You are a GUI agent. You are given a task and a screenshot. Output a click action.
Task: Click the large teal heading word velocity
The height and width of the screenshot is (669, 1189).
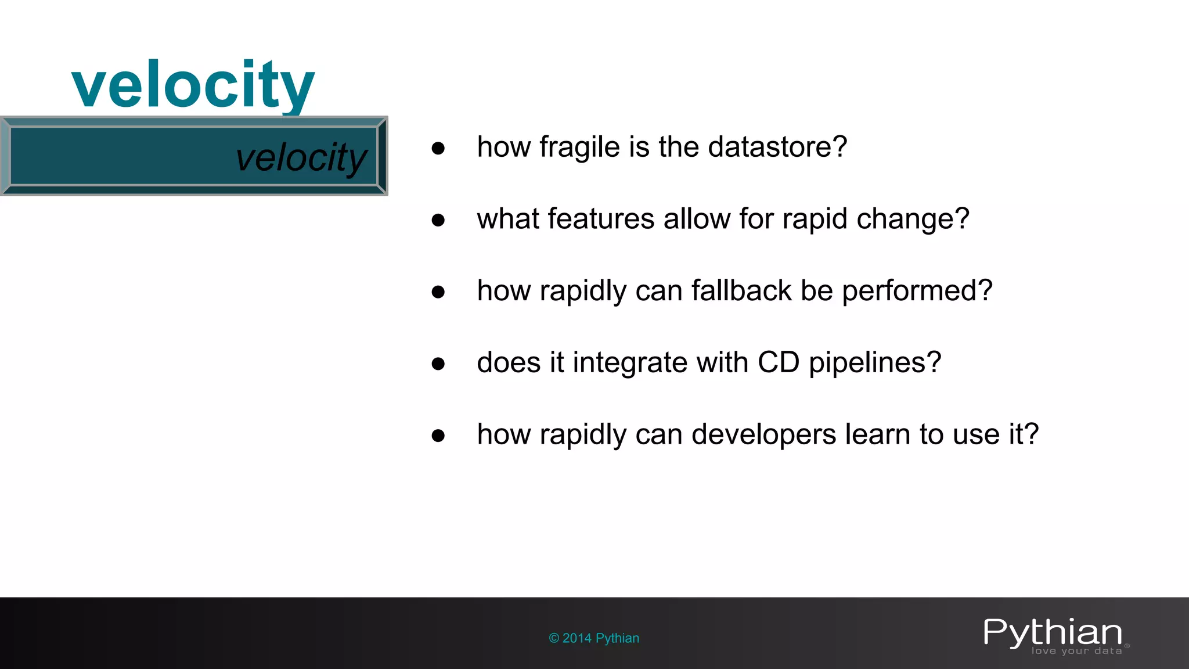193,86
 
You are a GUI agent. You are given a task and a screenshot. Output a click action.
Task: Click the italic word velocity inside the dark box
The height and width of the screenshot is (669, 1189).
301,157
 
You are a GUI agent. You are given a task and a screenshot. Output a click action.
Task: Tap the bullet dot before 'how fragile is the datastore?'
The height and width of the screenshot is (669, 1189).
438,148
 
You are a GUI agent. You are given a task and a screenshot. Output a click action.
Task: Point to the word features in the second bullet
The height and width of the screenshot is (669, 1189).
601,219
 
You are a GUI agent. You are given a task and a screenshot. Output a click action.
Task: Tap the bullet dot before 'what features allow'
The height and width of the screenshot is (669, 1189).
438,220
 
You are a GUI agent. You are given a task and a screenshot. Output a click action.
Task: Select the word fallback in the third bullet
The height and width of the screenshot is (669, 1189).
741,290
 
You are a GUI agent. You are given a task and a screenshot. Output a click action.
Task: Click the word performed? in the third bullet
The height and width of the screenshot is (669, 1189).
917,291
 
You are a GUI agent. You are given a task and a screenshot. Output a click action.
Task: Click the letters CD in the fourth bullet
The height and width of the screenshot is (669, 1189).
778,362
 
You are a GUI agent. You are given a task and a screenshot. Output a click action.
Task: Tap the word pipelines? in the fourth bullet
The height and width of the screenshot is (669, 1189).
874,364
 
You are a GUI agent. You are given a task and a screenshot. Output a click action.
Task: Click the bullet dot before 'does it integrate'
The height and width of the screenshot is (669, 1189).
438,364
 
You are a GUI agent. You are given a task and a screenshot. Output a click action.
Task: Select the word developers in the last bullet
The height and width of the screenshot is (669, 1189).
763,435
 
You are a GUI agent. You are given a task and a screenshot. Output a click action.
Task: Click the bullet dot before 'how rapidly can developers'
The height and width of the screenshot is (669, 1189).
438,436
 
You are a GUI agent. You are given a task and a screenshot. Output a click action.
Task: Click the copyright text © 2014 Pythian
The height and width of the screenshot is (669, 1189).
594,638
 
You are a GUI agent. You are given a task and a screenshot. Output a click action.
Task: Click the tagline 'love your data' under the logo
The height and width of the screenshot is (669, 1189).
1076,651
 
